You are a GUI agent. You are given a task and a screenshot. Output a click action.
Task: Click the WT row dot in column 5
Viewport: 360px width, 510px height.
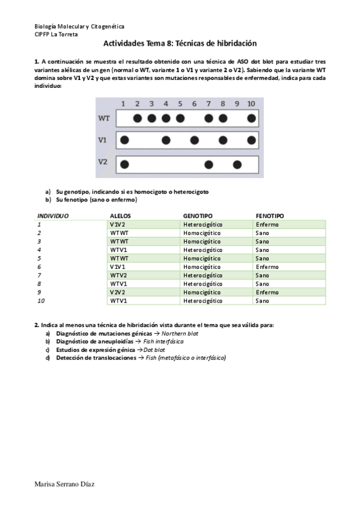tap(180, 118)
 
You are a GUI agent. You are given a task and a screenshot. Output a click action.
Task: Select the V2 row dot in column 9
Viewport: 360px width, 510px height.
tap(237, 164)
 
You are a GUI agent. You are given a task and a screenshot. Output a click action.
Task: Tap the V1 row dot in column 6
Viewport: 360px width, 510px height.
tap(194, 141)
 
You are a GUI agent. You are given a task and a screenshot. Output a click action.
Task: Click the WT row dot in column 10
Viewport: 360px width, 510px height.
tap(251, 118)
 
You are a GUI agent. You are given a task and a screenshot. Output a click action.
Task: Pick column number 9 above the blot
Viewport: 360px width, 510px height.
tap(237, 103)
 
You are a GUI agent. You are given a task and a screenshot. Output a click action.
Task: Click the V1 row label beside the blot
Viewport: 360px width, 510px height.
tap(103, 140)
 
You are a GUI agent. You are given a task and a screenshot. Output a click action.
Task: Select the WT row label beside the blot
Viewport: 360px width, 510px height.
tap(103, 118)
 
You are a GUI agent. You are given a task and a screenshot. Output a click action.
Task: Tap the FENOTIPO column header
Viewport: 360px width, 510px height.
tap(270, 215)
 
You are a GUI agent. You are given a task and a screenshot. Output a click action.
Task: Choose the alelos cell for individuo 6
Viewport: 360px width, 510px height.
tap(118, 266)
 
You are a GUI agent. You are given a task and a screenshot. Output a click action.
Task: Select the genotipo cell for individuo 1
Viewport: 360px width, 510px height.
tap(203, 224)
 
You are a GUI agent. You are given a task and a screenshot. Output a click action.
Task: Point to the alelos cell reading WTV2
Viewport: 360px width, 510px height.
tap(118, 275)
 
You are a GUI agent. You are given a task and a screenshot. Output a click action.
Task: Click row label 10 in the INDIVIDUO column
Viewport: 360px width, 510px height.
tap(41, 300)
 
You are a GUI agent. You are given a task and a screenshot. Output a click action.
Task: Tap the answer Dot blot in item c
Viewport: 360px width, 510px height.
tap(154, 349)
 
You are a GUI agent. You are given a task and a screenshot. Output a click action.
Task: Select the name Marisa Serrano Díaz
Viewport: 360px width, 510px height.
tap(64, 484)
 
